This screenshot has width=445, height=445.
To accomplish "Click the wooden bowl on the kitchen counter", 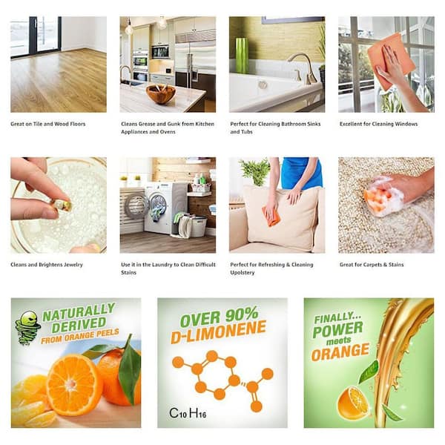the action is click(161, 93).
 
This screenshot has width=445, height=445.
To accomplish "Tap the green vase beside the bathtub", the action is click(242, 55).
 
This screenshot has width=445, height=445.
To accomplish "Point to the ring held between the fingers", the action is click(62, 205).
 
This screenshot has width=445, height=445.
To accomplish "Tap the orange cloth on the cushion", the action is click(271, 216).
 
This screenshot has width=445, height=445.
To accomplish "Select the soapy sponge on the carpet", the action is click(378, 195).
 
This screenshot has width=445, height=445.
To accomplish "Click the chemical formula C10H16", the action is click(188, 413).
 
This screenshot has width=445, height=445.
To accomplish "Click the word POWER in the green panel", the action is click(337, 329).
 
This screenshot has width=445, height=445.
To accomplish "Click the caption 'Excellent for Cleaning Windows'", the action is click(378, 124).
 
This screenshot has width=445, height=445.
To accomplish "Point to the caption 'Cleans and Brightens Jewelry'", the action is click(47, 265).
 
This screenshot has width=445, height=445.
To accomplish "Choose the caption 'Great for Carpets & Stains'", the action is click(372, 265).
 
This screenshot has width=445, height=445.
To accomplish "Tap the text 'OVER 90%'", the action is click(219, 317).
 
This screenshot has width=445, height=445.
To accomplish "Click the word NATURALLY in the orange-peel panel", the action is click(79, 312).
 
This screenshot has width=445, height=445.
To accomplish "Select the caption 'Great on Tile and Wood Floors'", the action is click(48, 124).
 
